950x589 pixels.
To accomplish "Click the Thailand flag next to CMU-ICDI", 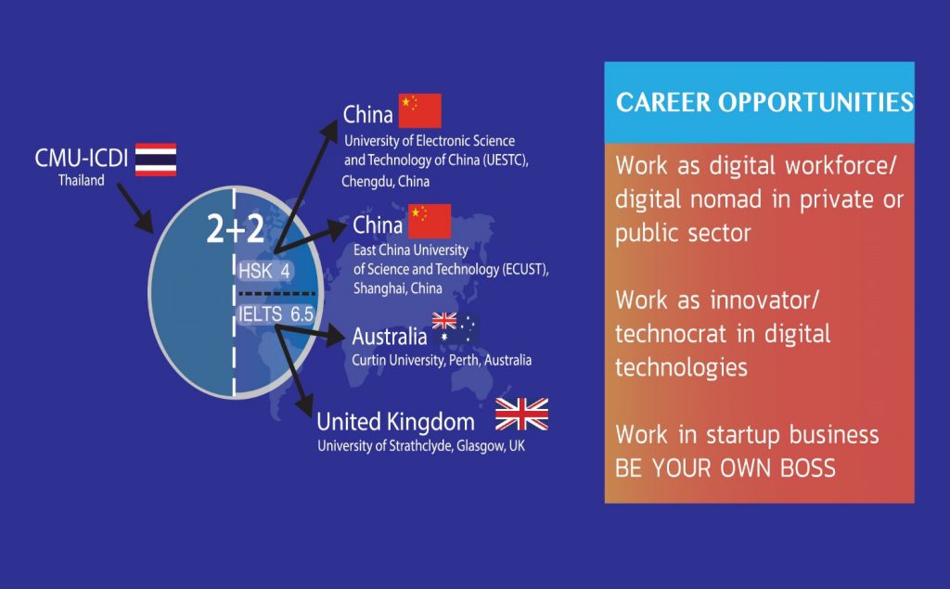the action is tap(156, 160).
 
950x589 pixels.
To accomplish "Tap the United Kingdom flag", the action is tap(521, 415).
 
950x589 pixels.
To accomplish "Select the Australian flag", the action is tap(456, 329).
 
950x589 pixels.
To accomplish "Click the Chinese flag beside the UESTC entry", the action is tap(420, 111).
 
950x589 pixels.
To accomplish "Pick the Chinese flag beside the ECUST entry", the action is tap(430, 221).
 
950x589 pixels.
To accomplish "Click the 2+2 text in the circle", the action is tap(235, 229).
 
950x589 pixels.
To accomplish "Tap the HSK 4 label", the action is tap(264, 270).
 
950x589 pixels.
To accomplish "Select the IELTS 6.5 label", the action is tap(276, 314).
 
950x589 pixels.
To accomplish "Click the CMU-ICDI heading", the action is tap(82, 159).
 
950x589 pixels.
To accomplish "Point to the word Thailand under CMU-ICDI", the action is tap(82, 180).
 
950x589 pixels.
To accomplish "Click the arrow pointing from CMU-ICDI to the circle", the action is tap(135, 209).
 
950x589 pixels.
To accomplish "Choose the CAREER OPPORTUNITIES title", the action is tap(764, 102).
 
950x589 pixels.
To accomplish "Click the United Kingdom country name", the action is tap(395, 421).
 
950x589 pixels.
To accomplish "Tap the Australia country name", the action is tap(390, 337).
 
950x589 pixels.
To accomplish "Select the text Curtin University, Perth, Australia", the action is tap(442, 360).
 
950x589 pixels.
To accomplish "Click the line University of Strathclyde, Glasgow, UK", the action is tap(421, 446).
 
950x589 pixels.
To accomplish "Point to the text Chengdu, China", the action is tap(385, 181).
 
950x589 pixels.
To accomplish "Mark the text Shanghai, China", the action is tap(397, 288).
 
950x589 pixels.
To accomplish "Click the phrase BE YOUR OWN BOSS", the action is tap(725, 468).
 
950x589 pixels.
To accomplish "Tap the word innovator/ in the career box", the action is tap(764, 300).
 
